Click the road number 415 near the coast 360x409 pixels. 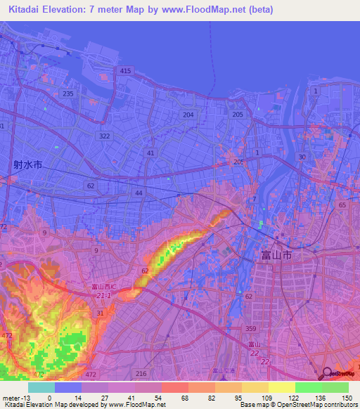click(126, 71)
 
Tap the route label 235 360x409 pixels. click(68, 93)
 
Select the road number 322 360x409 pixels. click(104, 136)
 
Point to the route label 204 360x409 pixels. click(188, 115)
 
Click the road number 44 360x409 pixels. click(139, 193)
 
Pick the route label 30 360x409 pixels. click(302, 157)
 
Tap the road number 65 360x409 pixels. click(342, 204)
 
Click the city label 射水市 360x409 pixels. click(27, 165)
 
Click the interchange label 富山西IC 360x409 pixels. click(105, 287)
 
